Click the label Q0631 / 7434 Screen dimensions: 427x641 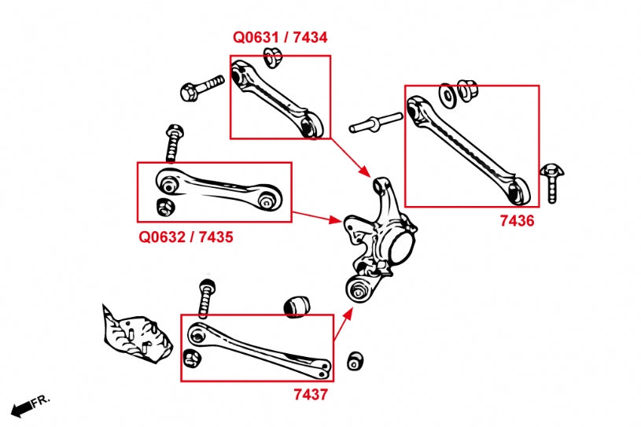coord(280,37)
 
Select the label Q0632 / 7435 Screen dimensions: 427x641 coord(186,236)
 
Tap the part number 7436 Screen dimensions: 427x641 coord(517,221)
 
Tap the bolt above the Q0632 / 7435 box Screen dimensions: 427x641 coord(174,141)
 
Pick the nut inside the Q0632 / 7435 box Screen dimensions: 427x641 coord(164,207)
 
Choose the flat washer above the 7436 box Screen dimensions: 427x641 coord(447,94)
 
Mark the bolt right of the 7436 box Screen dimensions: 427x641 coord(550,182)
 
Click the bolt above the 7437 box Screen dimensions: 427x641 coord(206,296)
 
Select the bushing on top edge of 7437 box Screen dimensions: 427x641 coord(297,305)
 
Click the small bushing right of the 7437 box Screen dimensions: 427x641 coord(355,360)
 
